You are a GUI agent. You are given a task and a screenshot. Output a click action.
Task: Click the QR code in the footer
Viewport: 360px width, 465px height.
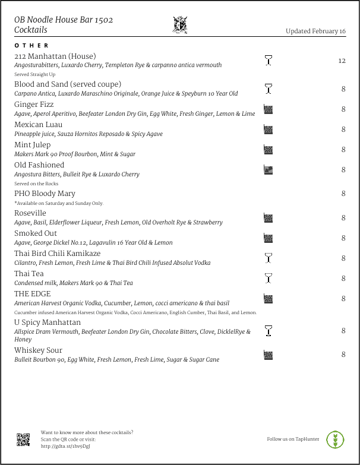point(23,439)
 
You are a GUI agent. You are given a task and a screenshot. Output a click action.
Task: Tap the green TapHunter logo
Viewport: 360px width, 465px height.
point(336,439)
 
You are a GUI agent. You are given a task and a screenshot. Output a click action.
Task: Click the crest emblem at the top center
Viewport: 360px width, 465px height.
point(179,25)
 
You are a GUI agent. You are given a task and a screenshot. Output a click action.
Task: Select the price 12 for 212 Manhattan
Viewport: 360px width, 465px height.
point(342,61)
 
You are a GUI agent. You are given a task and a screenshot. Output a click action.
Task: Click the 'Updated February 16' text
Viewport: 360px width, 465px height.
point(315,31)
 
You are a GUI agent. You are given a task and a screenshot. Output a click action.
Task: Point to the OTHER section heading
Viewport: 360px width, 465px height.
point(32,46)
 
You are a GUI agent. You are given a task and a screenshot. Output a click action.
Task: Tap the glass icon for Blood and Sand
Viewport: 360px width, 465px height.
point(268,89)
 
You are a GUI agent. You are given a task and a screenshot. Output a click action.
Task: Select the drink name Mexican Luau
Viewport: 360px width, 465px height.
point(38,125)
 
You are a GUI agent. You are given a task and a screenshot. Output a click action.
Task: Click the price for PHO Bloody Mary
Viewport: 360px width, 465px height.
point(343,194)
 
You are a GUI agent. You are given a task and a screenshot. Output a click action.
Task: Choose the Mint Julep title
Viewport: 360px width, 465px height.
point(32,145)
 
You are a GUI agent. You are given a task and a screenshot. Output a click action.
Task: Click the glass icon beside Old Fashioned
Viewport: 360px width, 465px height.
point(268,170)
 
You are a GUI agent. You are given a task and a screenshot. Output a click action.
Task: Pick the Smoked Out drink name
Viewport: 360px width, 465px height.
point(36,233)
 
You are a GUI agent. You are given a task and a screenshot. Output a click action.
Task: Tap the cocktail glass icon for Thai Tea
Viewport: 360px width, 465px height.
point(268,278)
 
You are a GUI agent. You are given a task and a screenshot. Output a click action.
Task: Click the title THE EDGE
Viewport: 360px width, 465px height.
point(33,294)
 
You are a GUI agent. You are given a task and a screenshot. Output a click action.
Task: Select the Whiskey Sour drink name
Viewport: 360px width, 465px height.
point(38,350)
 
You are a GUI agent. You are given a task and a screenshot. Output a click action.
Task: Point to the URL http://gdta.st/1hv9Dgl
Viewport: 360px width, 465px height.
point(65,446)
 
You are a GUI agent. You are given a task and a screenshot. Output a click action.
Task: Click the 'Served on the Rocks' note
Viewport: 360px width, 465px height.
point(36,184)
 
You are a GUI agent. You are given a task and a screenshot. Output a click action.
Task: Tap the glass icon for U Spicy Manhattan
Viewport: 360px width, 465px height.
point(268,331)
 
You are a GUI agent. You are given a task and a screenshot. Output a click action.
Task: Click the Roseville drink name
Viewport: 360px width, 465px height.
point(30,213)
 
